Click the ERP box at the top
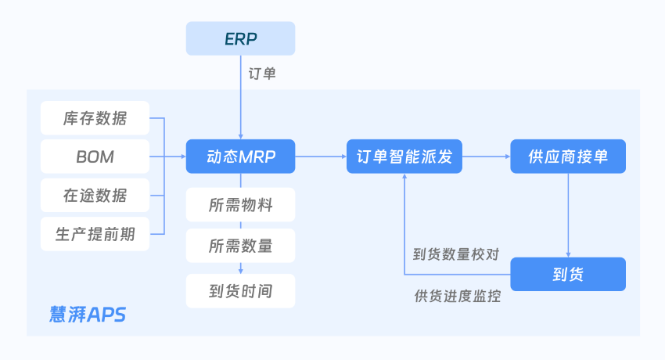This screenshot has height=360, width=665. pos(240,38)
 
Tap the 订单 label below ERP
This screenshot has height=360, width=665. pos(262,75)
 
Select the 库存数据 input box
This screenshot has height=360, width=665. pos(95,119)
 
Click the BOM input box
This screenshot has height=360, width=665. pos(95,157)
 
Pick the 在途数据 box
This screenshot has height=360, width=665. pos(95,195)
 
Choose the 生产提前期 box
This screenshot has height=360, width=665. pos(95,234)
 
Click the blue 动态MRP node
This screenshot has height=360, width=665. pos(240,157)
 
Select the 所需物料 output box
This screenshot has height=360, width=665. pos(240,205)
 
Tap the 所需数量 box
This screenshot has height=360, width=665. pos(240,246)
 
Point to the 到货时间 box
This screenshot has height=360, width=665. pos(240,291)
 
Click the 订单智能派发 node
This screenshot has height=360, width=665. pos(404,157)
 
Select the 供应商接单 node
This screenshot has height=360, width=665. pos(568,157)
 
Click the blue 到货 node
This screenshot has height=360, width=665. pos(568,274)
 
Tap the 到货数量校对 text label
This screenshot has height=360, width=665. pos(456,254)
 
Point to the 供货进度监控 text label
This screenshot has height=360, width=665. pos(457,297)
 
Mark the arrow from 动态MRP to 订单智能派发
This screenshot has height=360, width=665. pos(321,157)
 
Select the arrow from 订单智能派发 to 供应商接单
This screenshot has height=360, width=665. pos(486,157)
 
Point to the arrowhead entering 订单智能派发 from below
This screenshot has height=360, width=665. pos(404,178)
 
